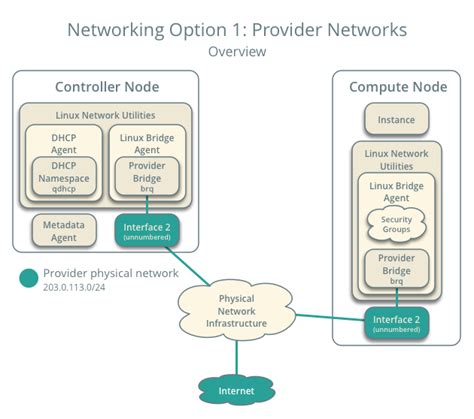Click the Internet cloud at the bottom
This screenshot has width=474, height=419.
coord(237,389)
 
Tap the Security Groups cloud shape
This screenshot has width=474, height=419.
coord(396,223)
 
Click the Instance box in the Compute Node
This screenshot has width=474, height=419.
coord(396,121)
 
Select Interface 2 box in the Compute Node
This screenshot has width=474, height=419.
coord(396,323)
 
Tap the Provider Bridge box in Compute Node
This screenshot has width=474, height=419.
coord(396,267)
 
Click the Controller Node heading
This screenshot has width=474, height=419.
coord(106,87)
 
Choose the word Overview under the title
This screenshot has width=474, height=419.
coord(237,50)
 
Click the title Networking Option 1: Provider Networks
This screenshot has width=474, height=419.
coord(237,28)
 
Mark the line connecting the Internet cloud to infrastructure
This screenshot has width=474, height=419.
coord(237,352)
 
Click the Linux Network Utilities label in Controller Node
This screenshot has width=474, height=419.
coord(106,116)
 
